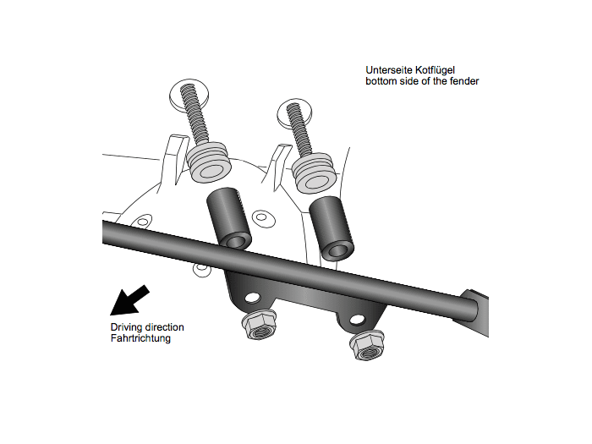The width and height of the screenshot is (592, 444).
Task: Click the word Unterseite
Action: click(x=388, y=70)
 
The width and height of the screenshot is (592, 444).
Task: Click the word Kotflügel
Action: click(x=435, y=70)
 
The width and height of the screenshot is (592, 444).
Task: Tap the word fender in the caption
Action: click(x=464, y=81)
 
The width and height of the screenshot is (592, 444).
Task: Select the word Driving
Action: click(x=127, y=328)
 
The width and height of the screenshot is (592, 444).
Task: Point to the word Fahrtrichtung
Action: click(x=140, y=338)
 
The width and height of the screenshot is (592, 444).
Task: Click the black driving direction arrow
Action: click(x=129, y=300)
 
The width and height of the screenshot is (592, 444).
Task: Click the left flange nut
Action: click(x=259, y=325)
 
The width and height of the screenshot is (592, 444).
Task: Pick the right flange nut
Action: click(x=366, y=345)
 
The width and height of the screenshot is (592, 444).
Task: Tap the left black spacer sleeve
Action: click(x=229, y=218)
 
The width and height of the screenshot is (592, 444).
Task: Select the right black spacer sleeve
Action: click(x=332, y=228)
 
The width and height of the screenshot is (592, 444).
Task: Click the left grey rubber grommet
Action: click(x=209, y=162)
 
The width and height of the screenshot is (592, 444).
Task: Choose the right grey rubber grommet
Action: click(x=314, y=173)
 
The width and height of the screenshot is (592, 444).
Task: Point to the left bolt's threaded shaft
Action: click(x=194, y=114)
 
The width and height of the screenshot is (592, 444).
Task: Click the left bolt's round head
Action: click(x=189, y=95)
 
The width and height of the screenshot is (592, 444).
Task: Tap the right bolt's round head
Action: click(x=295, y=112)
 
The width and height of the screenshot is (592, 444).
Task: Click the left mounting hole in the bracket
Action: click(x=253, y=299)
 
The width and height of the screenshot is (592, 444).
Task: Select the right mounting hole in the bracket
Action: click(x=358, y=320)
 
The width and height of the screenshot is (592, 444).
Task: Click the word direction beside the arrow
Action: click(x=165, y=327)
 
